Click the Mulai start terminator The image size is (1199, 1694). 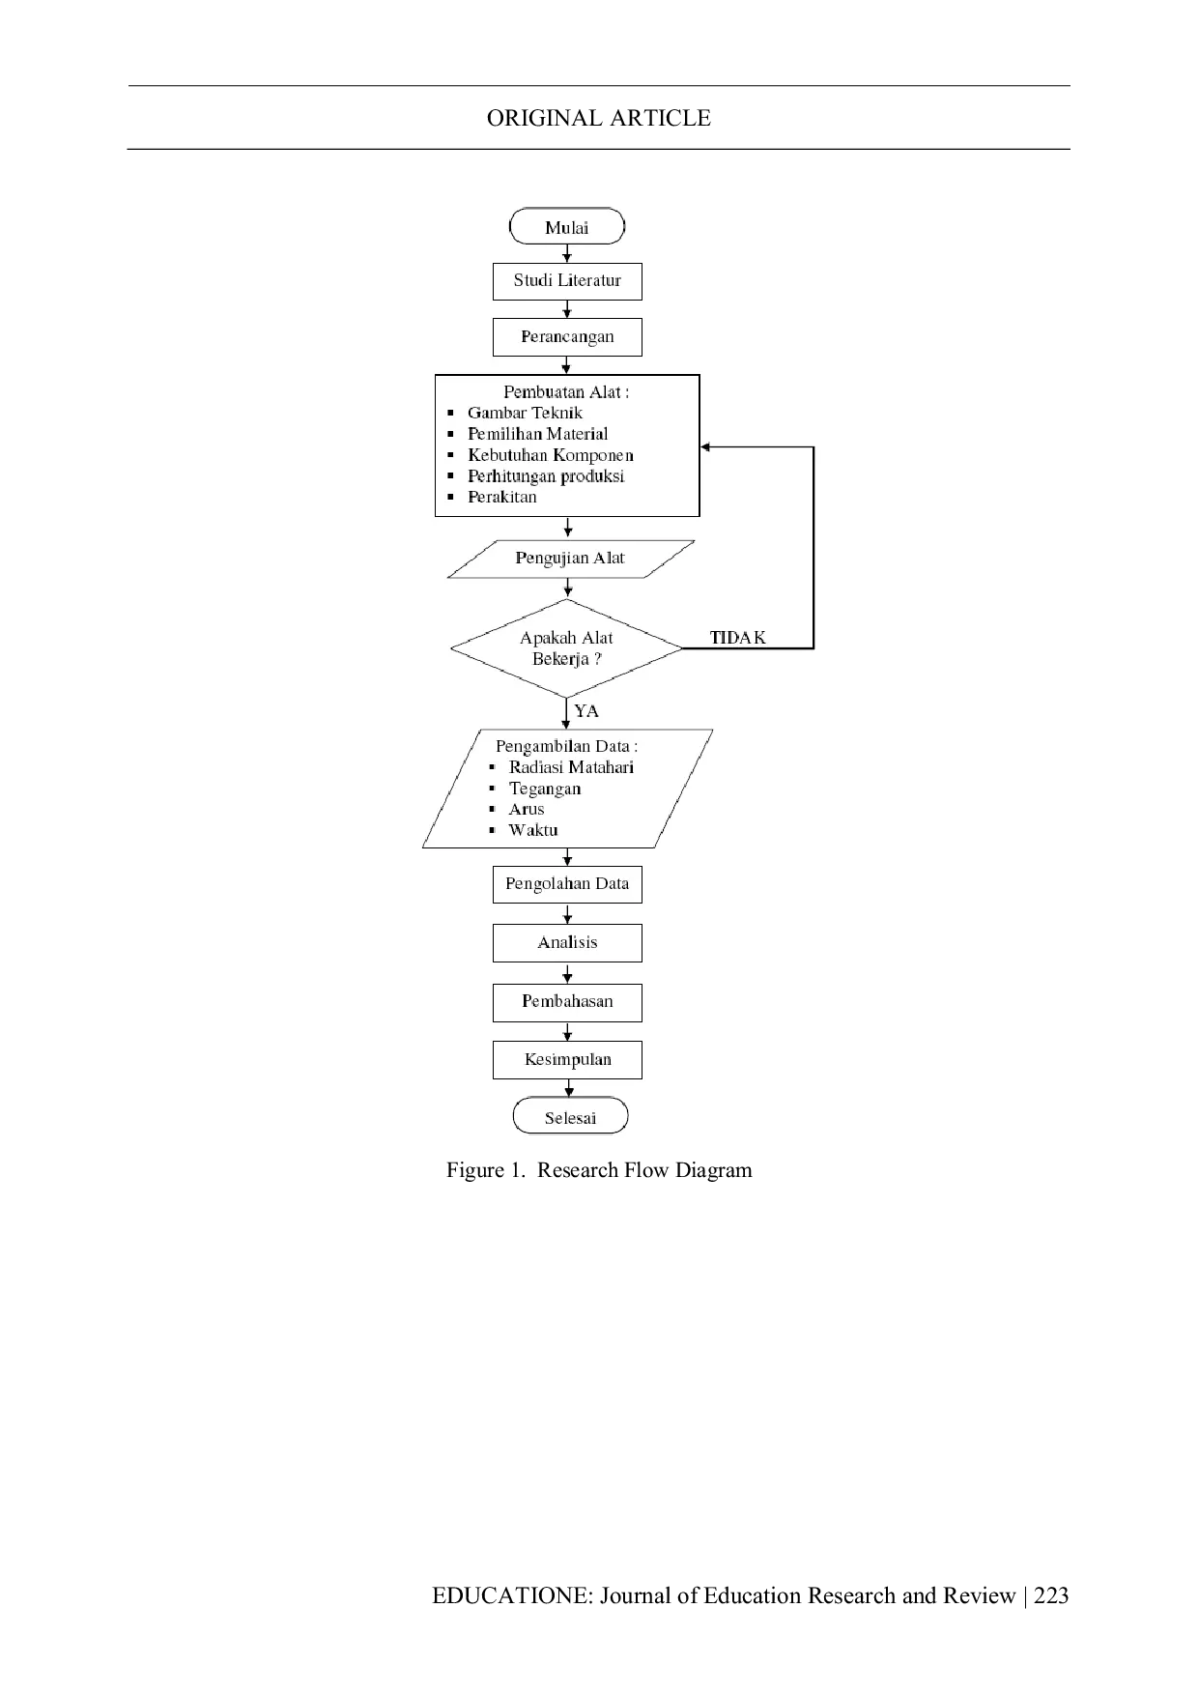[x=567, y=228]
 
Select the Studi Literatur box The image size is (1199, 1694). [x=567, y=281]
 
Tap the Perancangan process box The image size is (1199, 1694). [x=567, y=337]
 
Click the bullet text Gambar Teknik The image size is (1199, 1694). [x=525, y=413]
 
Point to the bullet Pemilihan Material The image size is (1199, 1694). [x=538, y=434]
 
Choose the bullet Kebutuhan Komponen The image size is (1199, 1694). [x=551, y=455]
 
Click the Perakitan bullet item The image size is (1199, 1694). [x=502, y=497]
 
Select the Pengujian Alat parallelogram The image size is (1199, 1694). [x=570, y=559]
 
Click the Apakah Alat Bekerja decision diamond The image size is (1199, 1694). [x=567, y=648]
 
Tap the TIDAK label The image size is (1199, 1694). [x=738, y=638]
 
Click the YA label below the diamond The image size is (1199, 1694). [x=586, y=711]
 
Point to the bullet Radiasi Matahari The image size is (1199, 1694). [x=571, y=767]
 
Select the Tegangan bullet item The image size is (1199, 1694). [x=545, y=789]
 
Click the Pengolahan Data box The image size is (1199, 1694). [x=567, y=884]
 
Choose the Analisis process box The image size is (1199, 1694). [x=567, y=942]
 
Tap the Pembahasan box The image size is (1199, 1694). [x=567, y=1002]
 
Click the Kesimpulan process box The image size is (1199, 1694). [x=567, y=1060]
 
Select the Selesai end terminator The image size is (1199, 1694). [x=570, y=1116]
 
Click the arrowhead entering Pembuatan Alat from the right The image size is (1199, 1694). [x=705, y=447]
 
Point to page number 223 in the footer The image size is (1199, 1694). [x=1051, y=1595]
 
